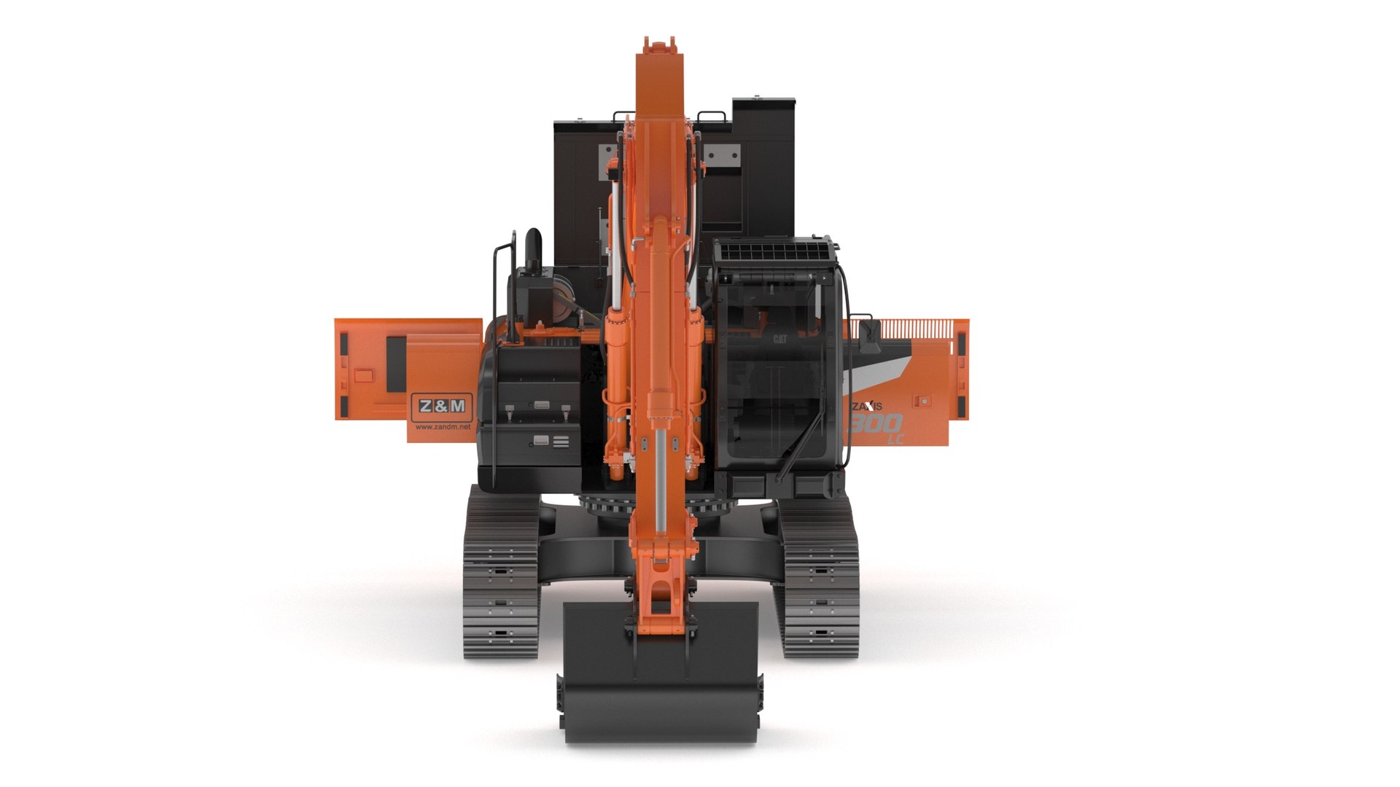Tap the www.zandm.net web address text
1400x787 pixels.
click(443, 427)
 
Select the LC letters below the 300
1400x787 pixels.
click(894, 439)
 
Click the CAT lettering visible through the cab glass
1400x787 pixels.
click(779, 339)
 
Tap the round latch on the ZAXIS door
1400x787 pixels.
click(925, 401)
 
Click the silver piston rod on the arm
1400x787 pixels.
click(661, 474)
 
